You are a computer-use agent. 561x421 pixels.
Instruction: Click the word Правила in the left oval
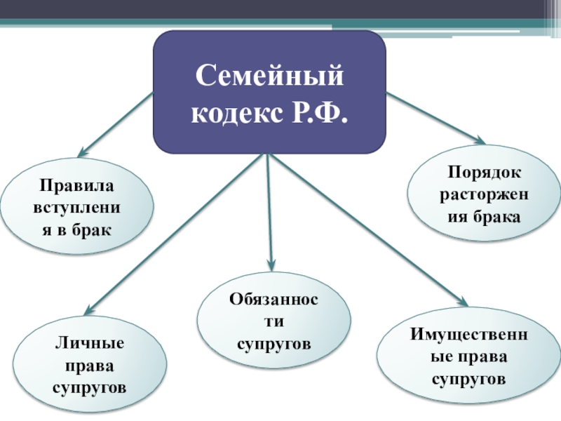pyautogui.click(x=76, y=187)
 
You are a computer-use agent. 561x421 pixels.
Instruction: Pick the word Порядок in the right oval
pyautogui.click(x=481, y=172)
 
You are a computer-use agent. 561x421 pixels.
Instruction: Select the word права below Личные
pyautogui.click(x=89, y=366)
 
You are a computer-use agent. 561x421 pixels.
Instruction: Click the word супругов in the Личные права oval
pyautogui.click(x=89, y=387)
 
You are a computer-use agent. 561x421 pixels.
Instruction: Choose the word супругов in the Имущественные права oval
pyautogui.click(x=468, y=378)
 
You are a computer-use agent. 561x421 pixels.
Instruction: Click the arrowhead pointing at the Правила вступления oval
pyautogui.click(x=81, y=152)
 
